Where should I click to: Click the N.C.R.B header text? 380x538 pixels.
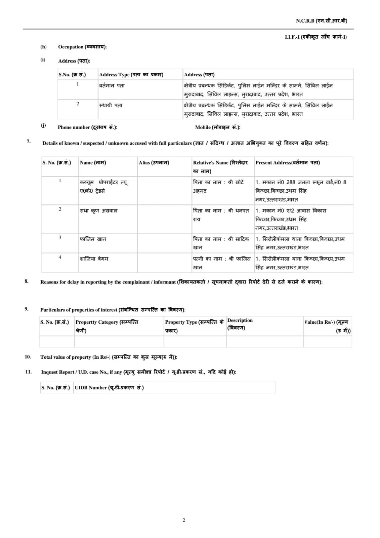321,21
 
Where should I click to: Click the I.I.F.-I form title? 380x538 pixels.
315,37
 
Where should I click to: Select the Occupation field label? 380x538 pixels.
82,47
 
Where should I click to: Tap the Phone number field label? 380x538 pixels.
87,127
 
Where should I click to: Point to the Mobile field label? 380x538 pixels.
217,127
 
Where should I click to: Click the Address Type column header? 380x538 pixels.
131,75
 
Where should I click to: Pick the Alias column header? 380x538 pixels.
154,163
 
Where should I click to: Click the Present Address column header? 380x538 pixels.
287,163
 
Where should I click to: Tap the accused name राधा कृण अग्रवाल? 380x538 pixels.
98,211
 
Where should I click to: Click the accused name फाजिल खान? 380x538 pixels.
93,239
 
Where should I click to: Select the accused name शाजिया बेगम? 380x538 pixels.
94,259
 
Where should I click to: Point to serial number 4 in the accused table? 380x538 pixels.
60,257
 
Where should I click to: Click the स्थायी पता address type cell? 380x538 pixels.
111,106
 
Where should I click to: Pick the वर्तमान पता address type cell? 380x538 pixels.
112,86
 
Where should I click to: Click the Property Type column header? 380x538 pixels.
194,326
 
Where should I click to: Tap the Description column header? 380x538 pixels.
240,324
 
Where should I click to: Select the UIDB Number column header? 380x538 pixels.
109,388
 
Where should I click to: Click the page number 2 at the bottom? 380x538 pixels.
184,520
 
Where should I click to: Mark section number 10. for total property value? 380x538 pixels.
28,357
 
